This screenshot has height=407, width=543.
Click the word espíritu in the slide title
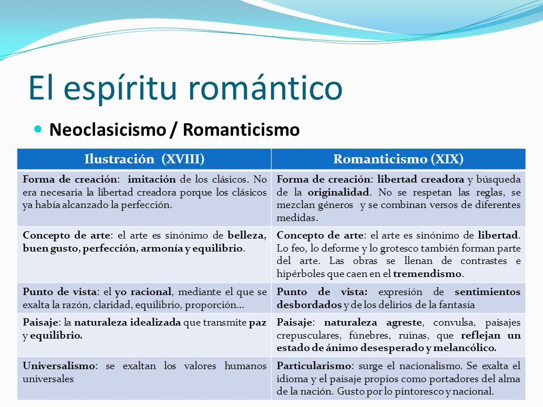120,89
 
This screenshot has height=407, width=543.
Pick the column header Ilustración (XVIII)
144,159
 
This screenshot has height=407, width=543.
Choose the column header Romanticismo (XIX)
398,159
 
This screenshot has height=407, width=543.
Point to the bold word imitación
152,179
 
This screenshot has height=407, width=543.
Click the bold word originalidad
338,192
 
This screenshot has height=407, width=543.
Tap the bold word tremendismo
428,274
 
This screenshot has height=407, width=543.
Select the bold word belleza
247,235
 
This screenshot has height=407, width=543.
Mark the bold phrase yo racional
143,292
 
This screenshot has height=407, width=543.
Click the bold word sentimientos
488,292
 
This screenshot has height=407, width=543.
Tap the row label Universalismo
59,366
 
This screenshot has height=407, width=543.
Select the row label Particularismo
314,366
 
